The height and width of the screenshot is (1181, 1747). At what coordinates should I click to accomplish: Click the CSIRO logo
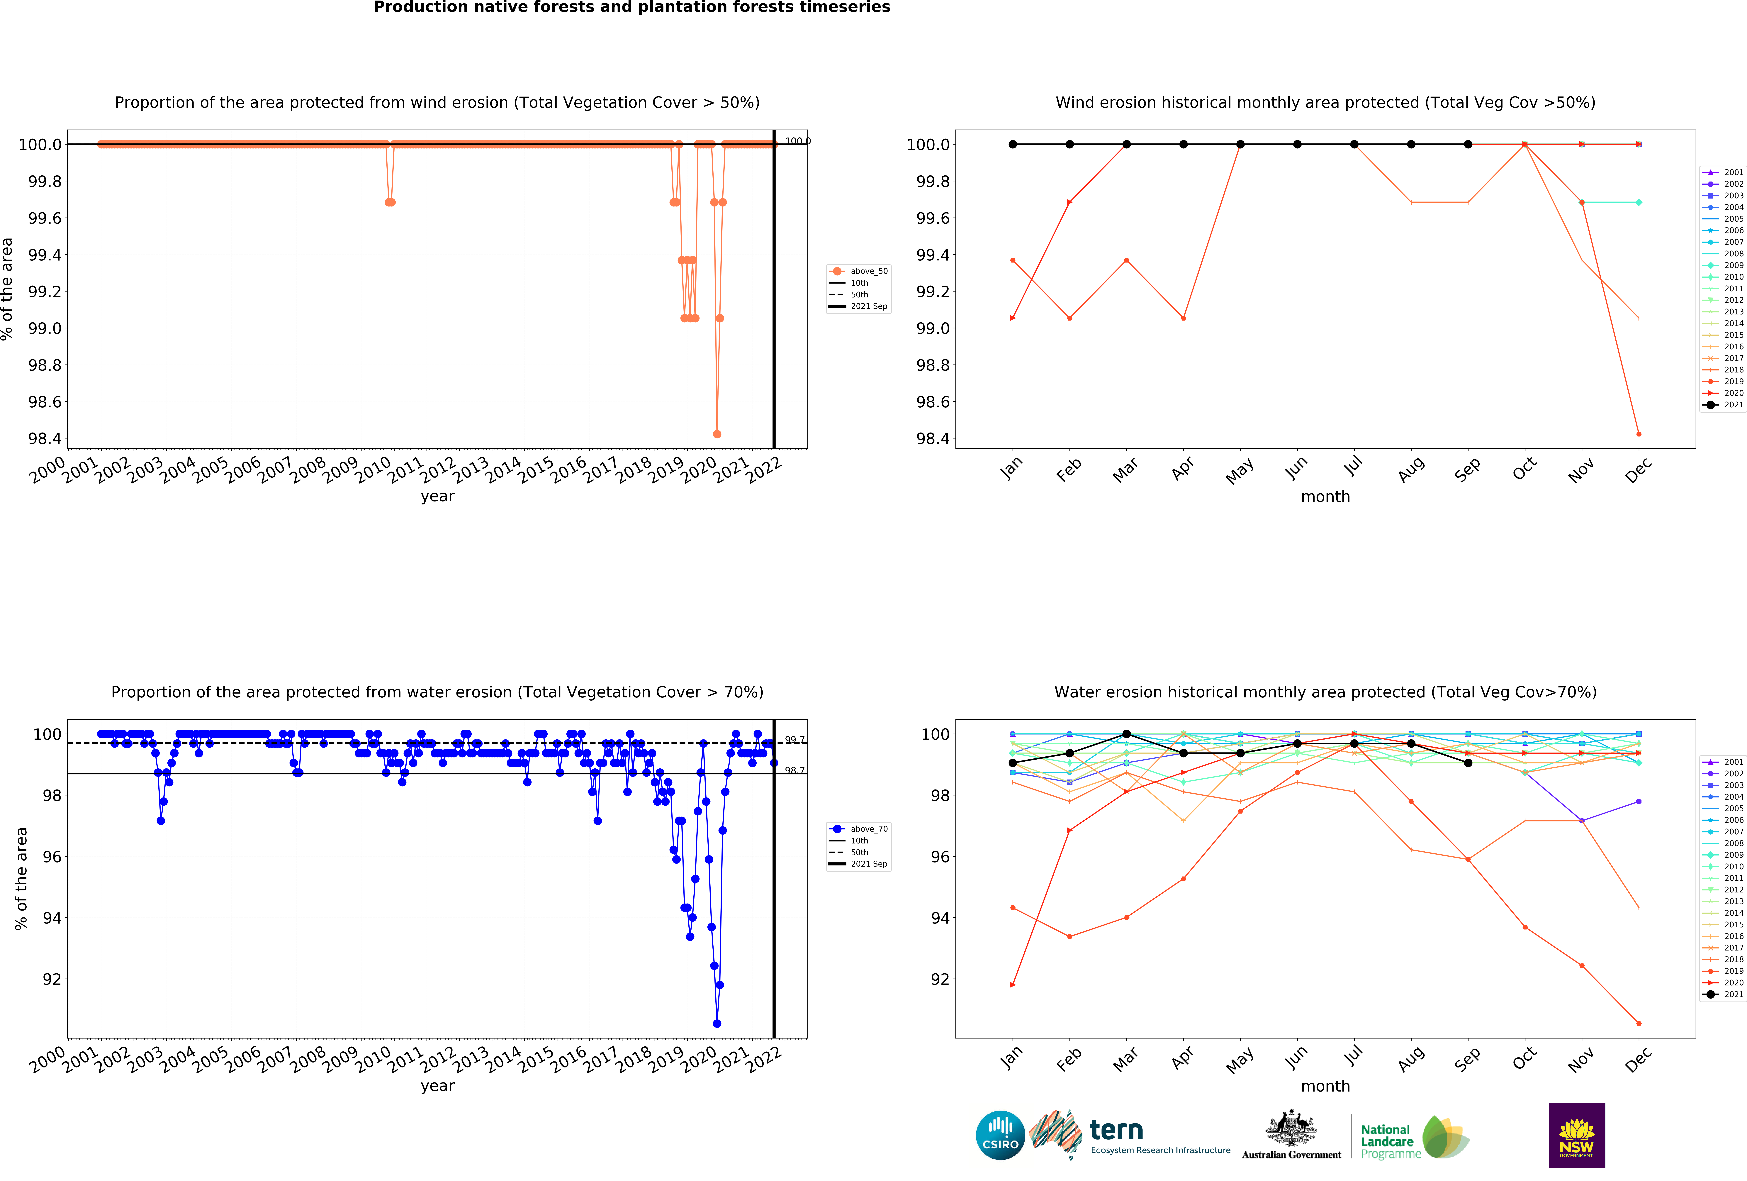click(x=1000, y=1135)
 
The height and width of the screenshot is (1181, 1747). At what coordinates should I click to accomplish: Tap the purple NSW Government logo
click(x=1576, y=1135)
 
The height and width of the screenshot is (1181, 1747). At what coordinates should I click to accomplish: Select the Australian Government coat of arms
click(x=1291, y=1128)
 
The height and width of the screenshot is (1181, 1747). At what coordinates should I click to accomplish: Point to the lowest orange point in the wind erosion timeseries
click(x=717, y=434)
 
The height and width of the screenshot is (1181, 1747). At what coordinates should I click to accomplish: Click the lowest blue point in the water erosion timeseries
click(x=717, y=1023)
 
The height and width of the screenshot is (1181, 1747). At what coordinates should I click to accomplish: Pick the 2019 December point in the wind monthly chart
click(x=1639, y=434)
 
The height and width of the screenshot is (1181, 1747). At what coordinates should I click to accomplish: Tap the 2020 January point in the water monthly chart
click(x=1013, y=985)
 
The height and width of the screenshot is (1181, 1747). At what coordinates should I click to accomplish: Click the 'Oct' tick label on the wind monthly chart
click(x=1524, y=469)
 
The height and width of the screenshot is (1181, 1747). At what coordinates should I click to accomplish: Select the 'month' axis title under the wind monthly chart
click(x=1325, y=497)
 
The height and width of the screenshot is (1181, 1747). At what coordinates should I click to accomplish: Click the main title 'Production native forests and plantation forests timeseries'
click(x=631, y=8)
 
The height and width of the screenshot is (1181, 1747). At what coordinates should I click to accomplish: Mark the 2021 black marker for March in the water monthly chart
click(x=1126, y=734)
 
